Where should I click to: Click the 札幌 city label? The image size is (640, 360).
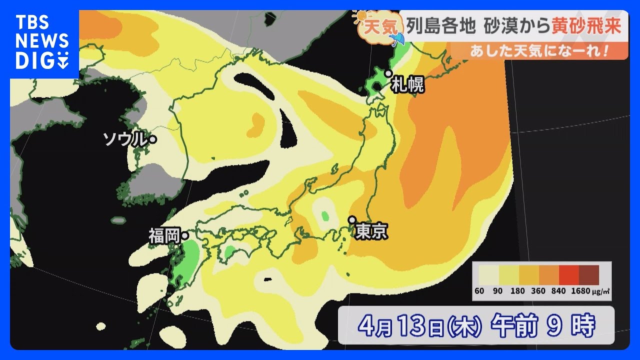pos(407,84)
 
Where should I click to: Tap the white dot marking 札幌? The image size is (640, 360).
pos(387,73)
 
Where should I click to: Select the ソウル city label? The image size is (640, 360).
pos(124,139)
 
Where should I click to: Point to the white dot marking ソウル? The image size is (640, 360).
pos(152,140)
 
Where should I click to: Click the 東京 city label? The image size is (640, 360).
pos(371,231)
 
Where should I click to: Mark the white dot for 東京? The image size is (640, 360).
pos(352,219)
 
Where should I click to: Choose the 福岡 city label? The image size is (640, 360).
pos(164,236)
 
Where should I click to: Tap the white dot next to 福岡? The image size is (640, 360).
pos(184,235)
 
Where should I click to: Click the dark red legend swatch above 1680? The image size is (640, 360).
pos(588,275)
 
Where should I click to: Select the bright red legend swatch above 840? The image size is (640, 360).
pos(568,275)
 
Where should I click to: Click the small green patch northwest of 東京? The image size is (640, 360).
pos(325,216)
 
